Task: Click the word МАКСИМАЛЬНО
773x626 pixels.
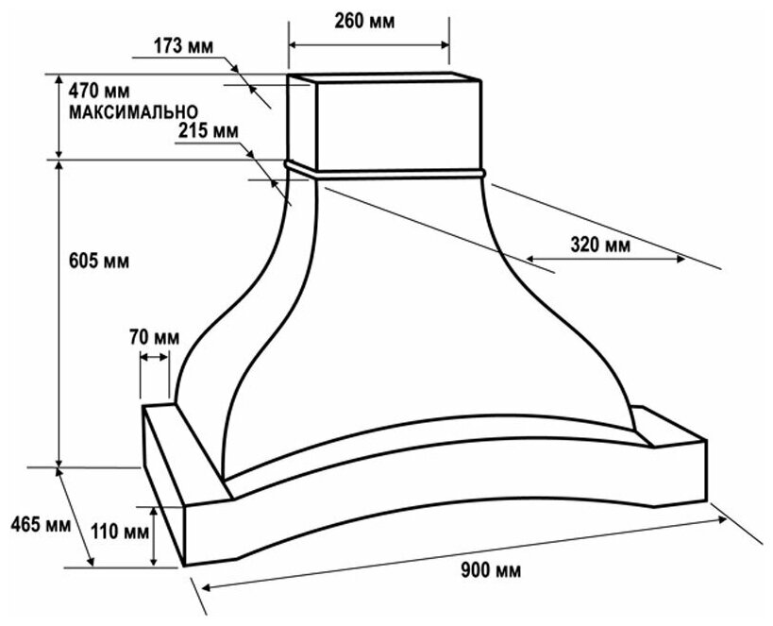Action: [132, 111]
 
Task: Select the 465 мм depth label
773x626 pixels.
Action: [31, 524]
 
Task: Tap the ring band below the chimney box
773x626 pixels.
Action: [387, 171]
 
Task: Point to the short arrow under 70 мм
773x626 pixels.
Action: [155, 355]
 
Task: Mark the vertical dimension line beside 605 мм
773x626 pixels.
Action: [60, 312]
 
